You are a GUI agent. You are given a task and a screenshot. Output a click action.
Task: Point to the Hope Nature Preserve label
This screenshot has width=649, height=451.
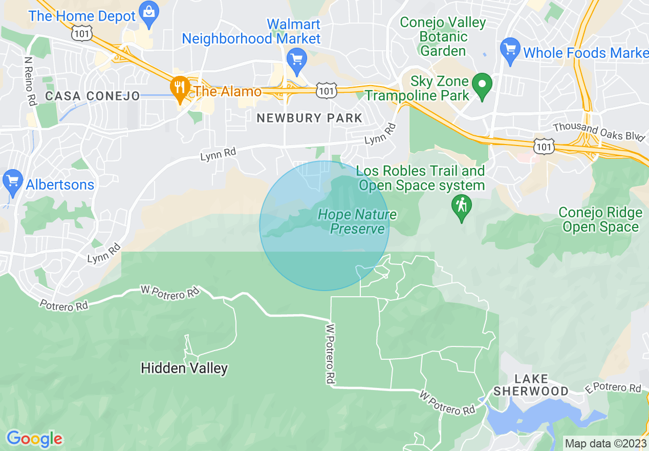[x=357, y=221]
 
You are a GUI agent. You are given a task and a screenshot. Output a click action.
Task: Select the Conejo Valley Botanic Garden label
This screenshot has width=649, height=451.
[x=443, y=36]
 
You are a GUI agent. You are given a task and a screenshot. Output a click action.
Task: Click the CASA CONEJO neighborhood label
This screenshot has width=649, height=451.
[x=92, y=96]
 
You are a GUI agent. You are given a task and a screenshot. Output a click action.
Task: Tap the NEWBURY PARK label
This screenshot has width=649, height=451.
[x=309, y=118]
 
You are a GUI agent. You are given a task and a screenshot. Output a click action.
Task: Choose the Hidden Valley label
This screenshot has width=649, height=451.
[x=184, y=368]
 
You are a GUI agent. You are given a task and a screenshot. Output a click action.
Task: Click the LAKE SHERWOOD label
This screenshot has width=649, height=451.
[x=531, y=385]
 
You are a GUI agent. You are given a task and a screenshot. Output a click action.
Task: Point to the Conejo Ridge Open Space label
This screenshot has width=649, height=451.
[x=600, y=220]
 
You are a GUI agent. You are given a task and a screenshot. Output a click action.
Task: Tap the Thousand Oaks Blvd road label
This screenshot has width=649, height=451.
[x=598, y=131]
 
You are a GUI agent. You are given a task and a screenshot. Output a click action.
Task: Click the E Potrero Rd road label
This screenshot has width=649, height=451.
[x=613, y=388]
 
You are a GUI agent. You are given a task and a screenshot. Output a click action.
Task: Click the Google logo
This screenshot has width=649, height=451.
[x=34, y=439]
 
